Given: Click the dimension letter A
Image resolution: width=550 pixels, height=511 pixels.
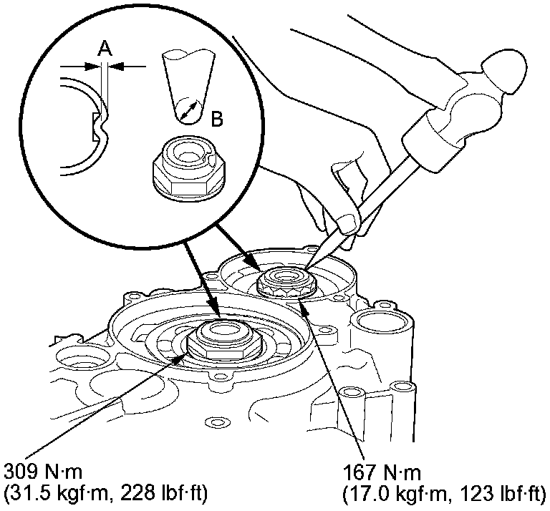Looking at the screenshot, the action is coord(105,48).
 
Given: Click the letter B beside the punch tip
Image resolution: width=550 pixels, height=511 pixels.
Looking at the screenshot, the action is coord(217,119).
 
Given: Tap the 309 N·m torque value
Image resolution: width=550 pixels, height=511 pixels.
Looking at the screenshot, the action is coord(43,472).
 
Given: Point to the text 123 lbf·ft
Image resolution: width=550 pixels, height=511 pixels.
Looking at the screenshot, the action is coord(502,494).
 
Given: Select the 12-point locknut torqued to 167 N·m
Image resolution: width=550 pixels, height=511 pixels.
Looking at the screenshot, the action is coord(287,281).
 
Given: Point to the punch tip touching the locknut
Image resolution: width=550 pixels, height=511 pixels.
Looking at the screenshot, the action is coord(307,268).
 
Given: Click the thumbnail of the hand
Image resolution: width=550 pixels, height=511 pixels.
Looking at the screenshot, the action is coord(348,223).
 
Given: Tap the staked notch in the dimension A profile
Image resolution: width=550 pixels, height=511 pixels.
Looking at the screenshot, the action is coord(101,127).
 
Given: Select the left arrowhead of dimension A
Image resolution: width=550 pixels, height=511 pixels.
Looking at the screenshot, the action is coord(92,67).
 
